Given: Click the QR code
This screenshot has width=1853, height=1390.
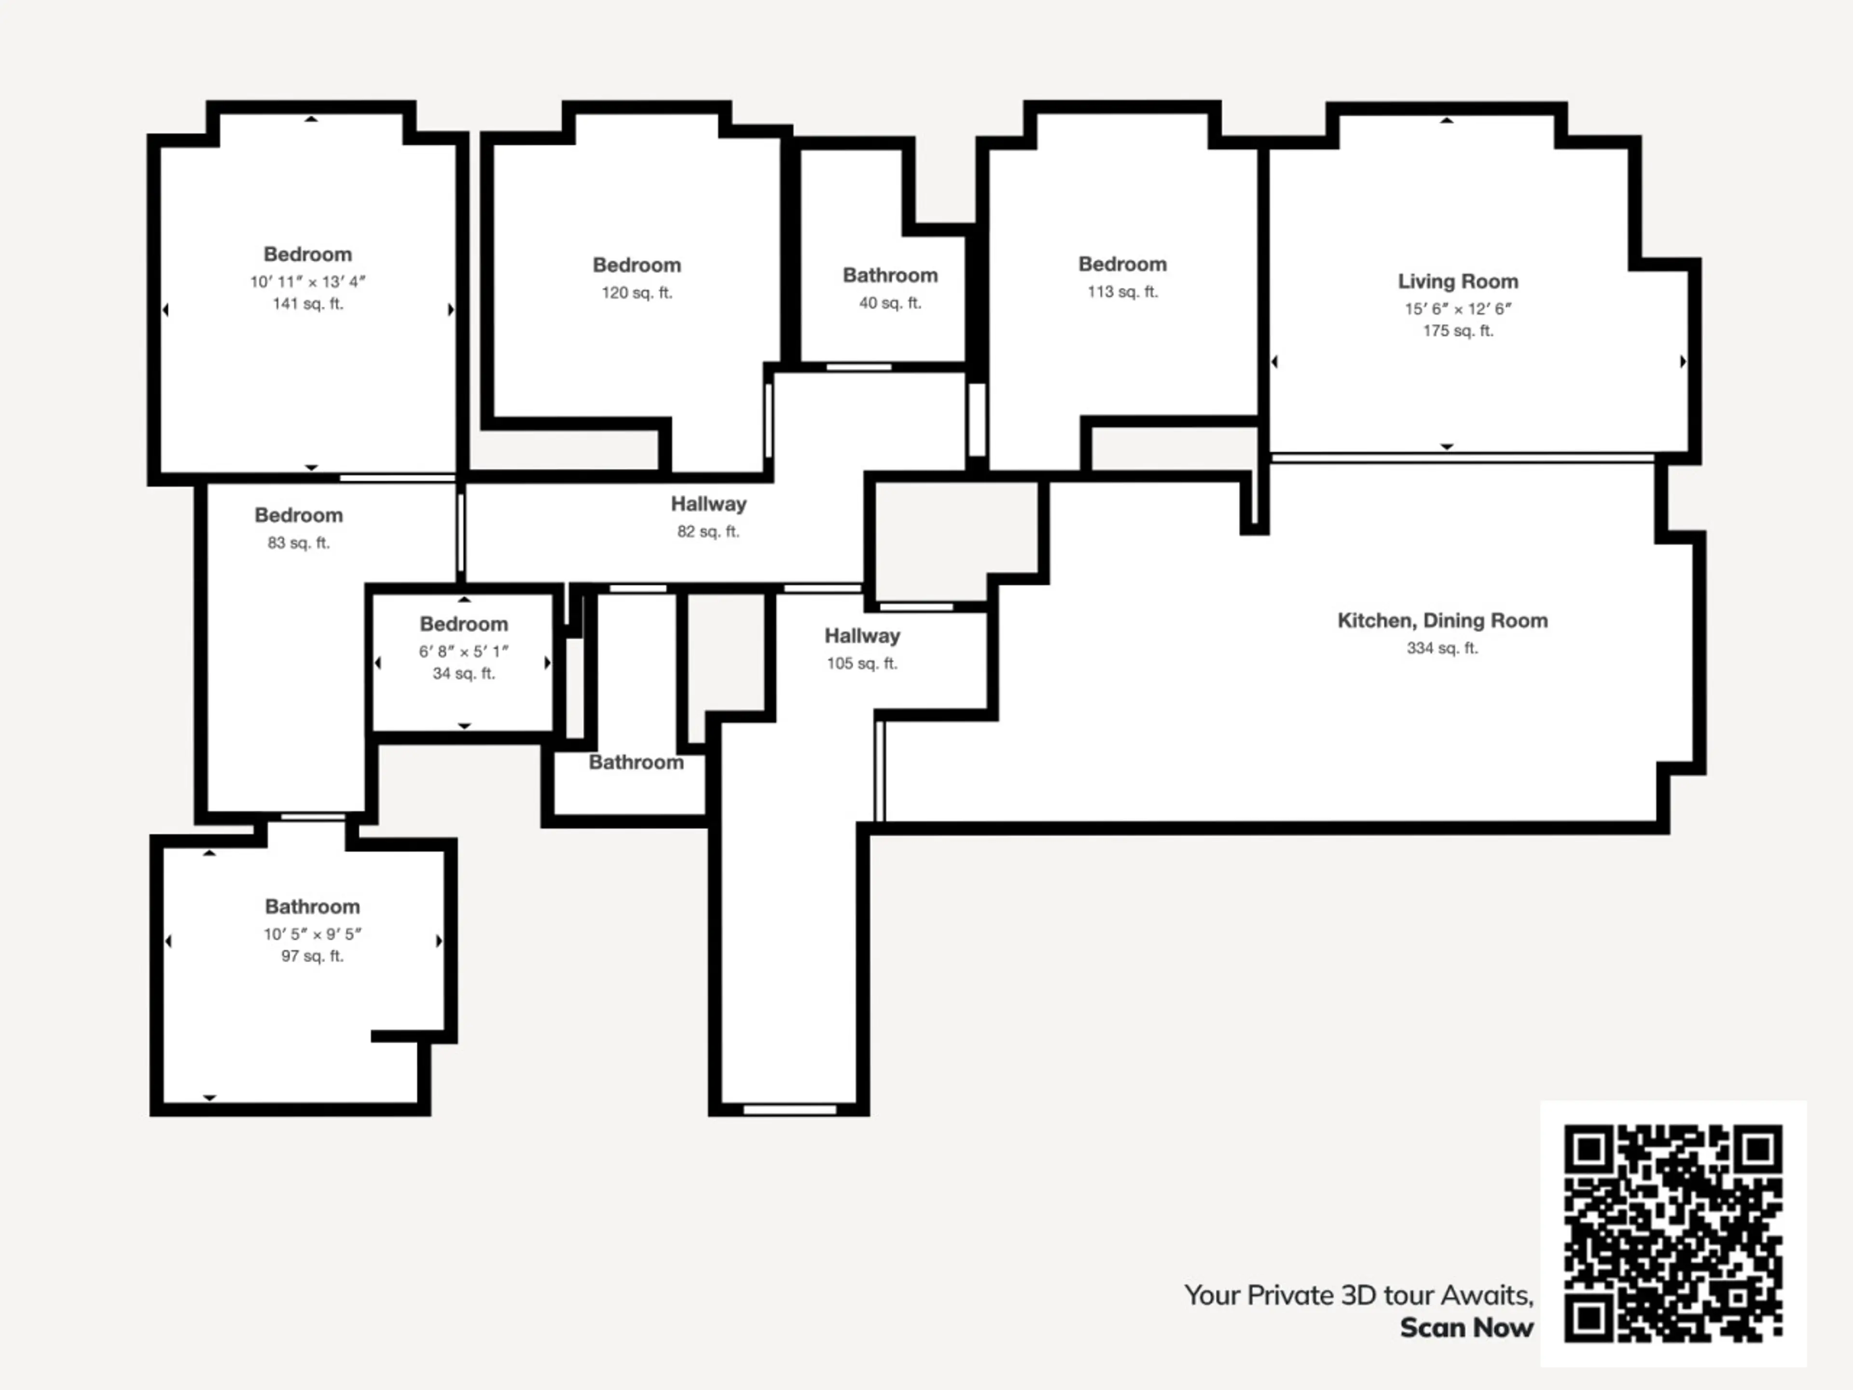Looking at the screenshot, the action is (1673, 1233).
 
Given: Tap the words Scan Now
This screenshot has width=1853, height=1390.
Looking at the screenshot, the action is (1467, 1328).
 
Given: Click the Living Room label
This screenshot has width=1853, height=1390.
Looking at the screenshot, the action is (1458, 281).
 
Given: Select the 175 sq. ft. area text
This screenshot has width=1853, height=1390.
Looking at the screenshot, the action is (1458, 331).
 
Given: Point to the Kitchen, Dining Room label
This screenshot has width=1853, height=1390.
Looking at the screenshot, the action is (1442, 621).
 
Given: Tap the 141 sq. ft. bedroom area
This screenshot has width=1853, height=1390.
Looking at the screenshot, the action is (307, 304).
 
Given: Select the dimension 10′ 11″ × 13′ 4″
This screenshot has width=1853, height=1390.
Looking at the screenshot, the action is (307, 281).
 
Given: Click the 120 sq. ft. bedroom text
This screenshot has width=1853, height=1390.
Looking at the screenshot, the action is (636, 292).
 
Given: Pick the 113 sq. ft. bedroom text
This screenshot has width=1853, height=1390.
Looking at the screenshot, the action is (1122, 292).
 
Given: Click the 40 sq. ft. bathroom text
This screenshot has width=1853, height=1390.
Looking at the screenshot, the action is (890, 303).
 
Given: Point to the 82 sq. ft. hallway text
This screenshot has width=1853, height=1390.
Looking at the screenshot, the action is (708, 531).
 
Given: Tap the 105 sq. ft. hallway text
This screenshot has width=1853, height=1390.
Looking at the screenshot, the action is (862, 664).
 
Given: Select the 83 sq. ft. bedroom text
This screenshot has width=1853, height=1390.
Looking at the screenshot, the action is (298, 543).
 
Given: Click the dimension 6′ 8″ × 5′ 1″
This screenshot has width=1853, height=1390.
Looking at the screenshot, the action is (463, 651).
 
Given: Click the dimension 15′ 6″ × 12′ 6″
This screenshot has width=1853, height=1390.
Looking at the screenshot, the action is (1458, 308).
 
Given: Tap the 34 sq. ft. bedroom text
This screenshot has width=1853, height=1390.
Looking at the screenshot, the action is (463, 674).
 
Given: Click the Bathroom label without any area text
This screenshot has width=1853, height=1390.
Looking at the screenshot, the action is (636, 763).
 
